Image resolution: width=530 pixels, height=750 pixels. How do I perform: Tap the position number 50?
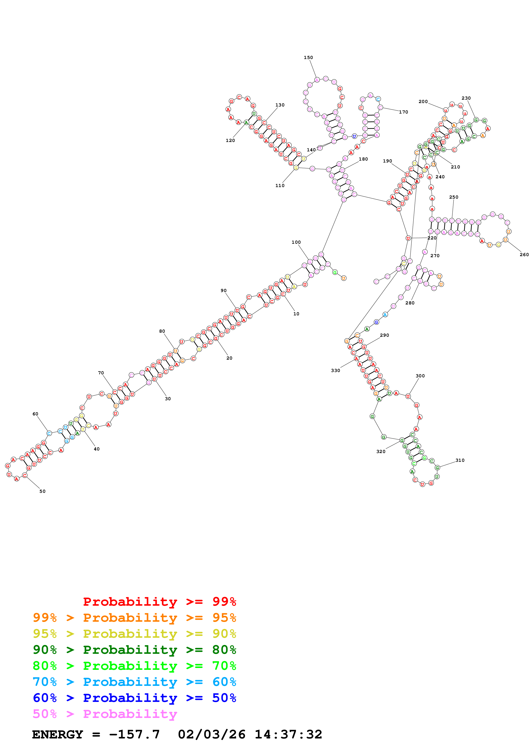pyautogui.click(x=43, y=491)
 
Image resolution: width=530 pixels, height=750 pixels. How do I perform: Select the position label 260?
pyautogui.click(x=524, y=255)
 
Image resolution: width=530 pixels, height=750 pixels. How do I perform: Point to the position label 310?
pyautogui.click(x=460, y=460)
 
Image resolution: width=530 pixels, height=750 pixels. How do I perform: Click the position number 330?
pyautogui.click(x=335, y=371)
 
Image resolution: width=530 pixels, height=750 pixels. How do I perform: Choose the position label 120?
pyautogui.click(x=230, y=140)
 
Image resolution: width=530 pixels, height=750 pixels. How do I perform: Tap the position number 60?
pyautogui.click(x=35, y=414)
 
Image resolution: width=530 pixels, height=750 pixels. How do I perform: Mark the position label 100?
pyautogui.click(x=296, y=242)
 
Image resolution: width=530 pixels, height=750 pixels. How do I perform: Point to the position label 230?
pyautogui.click(x=466, y=98)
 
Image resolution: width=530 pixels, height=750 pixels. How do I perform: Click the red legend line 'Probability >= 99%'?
pyautogui.click(x=159, y=602)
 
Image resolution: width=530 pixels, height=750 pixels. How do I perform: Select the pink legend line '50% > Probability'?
pyautogui.click(x=105, y=714)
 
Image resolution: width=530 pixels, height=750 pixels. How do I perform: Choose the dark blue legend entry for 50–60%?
pyautogui.click(x=134, y=698)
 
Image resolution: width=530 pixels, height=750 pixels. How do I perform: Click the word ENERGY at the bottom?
pyautogui.click(x=58, y=734)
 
